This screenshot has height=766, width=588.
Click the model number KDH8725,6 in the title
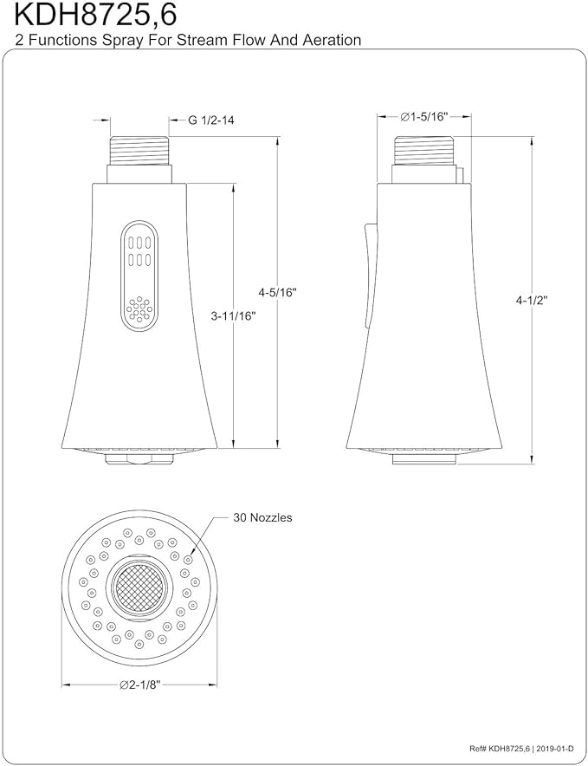[x=95, y=16]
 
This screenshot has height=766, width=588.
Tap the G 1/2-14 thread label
[x=211, y=120]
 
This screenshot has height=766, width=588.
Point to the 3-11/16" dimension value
[x=234, y=316]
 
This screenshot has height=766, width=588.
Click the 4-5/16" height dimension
[x=277, y=292]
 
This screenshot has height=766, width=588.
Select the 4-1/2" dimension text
[x=532, y=300]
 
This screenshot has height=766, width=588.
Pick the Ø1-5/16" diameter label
[x=424, y=117]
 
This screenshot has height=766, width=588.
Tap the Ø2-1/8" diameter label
[x=140, y=685]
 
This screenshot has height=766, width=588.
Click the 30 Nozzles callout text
[x=262, y=518]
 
